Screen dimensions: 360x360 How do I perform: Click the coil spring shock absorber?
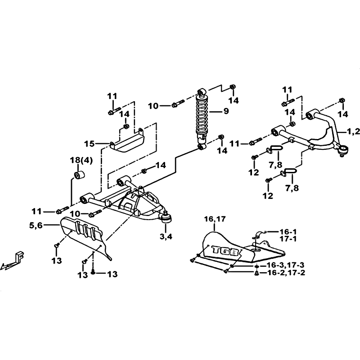pyautogui.click(x=202, y=119)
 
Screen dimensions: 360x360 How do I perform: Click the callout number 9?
pyautogui.click(x=226, y=111)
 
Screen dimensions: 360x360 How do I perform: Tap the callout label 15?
pyautogui.click(x=89, y=144)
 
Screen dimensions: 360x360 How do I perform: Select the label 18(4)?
pyautogui.click(x=81, y=161)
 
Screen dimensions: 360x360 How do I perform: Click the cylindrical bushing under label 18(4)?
pyautogui.click(x=80, y=175)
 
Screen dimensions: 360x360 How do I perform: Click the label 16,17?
pyautogui.click(x=215, y=219)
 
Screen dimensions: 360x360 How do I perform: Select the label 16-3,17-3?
pyautogui.click(x=286, y=265)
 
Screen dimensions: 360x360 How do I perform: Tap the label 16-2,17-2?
pyautogui.click(x=286, y=273)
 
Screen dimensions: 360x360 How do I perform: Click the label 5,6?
pyautogui.click(x=36, y=226)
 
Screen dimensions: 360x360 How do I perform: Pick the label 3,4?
pyautogui.click(x=166, y=237)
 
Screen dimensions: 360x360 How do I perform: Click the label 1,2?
pyautogui.click(x=353, y=131)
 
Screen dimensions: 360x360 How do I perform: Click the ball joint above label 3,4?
pyautogui.click(x=166, y=218)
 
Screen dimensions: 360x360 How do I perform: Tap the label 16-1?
pyautogui.click(x=288, y=232)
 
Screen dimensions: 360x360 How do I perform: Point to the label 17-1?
pyautogui.click(x=288, y=239)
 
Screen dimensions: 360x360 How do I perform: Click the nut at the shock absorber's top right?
pyautogui.click(x=232, y=87)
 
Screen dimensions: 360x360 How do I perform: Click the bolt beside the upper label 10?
pyautogui.click(x=178, y=103)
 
